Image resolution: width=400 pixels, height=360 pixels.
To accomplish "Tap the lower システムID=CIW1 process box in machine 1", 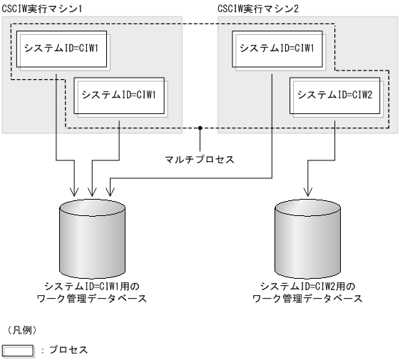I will point(120,93).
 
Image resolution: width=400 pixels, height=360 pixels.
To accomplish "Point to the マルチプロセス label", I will point(201,158).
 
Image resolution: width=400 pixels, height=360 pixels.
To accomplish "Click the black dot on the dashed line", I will point(201,128).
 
